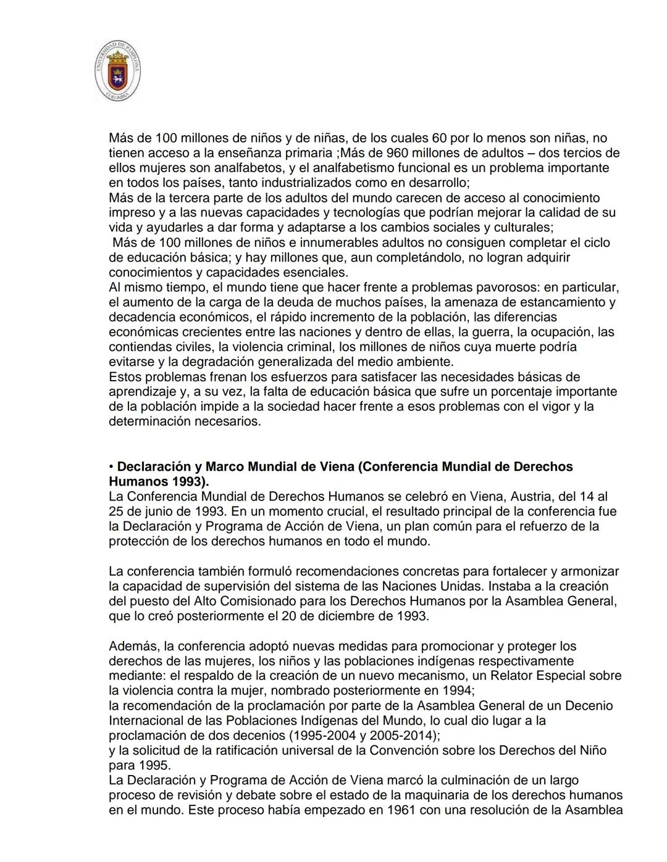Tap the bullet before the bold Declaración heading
111,467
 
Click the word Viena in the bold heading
336,467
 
